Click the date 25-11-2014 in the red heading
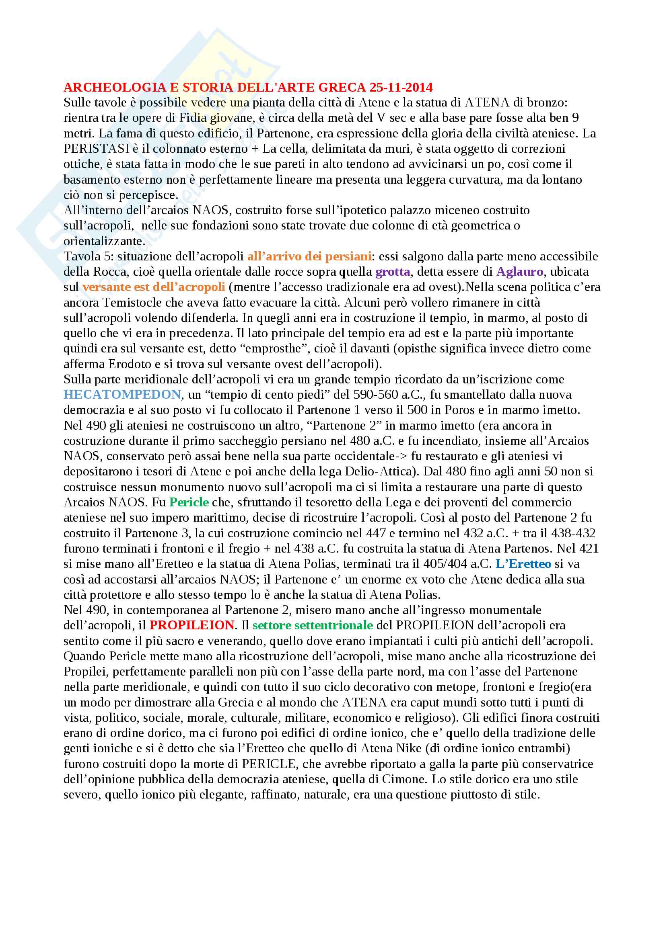coord(401,87)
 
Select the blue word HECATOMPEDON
coord(122,394)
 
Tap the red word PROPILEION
coord(192,625)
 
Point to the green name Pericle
coord(189,502)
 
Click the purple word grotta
coord(393,271)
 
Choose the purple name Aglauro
coord(519,271)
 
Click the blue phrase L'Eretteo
coord(523,563)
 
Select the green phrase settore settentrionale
coord(313,625)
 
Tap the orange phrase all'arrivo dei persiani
coord(309,256)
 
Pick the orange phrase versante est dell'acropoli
coord(154,287)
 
